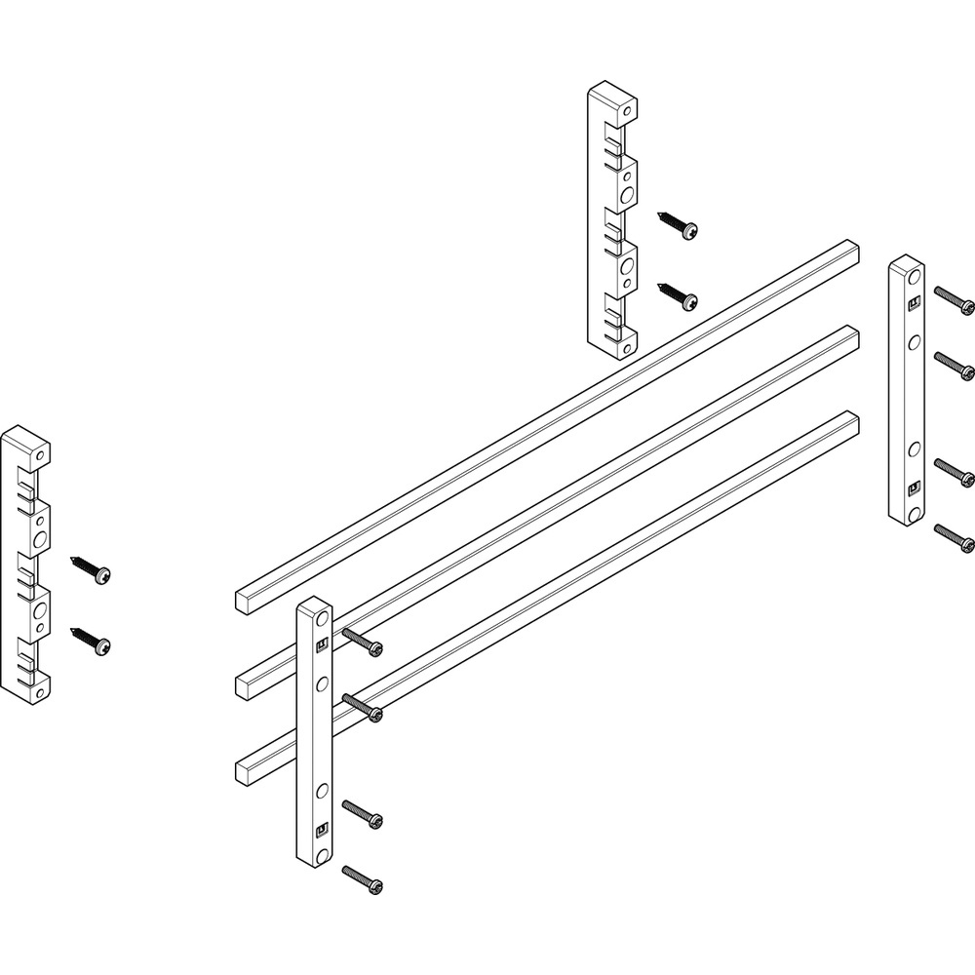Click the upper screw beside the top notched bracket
point(679,223)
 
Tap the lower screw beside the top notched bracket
point(679,294)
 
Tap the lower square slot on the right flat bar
point(914,487)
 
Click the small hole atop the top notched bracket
point(629,107)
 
